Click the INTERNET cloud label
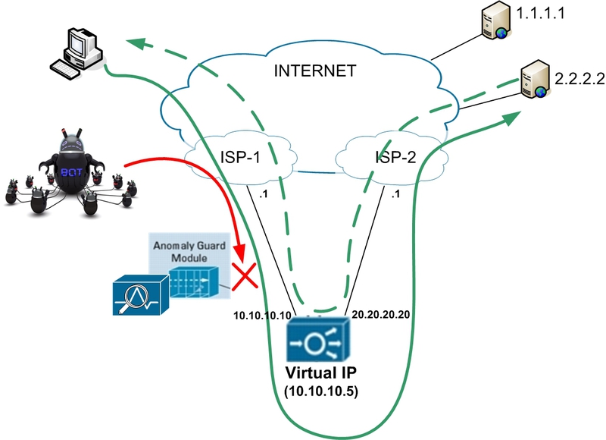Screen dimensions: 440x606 (x=314, y=73)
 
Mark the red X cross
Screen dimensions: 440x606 (x=244, y=275)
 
